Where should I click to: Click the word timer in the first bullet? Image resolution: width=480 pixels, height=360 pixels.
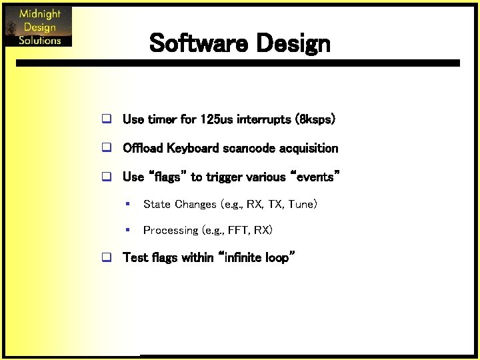162,119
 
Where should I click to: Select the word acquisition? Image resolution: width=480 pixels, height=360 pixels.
309,148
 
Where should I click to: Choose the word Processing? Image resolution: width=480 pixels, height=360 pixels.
171,231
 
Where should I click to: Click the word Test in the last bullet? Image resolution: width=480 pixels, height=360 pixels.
135,257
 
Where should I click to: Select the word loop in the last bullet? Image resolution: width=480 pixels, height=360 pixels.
276,257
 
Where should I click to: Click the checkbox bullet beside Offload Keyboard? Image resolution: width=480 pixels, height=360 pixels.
105,148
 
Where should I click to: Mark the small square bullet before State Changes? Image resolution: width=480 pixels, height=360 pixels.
127,204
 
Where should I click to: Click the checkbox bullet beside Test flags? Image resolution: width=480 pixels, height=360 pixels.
105,258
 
